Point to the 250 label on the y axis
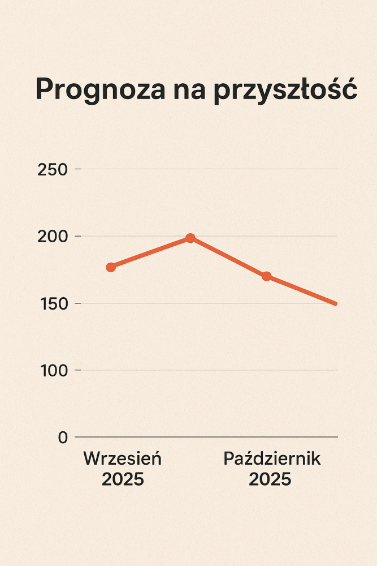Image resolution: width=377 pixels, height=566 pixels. tap(53, 169)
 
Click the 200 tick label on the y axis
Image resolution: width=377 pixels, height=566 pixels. tap(53, 236)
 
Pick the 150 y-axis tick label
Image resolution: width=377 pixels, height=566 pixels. tap(53, 303)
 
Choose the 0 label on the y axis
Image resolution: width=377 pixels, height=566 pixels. tap(62, 438)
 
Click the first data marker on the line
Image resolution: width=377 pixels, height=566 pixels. tap(111, 267)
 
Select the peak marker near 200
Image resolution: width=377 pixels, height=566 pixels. tap(190, 238)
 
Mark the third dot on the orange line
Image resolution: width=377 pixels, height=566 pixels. tap(266, 276)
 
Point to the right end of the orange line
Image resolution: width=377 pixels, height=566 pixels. tap(335, 303)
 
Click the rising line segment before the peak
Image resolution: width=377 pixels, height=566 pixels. tap(150, 252)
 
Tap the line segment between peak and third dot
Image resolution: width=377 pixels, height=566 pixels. tap(228, 258)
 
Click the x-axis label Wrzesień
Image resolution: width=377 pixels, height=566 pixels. tap(123, 458)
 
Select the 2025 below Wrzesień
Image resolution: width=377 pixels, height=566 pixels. tap(123, 480)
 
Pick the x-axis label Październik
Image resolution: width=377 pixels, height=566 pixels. tap(272, 458)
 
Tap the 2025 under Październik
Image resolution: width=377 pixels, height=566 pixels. tap(270, 480)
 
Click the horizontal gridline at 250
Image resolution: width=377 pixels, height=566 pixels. tap(209, 169)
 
